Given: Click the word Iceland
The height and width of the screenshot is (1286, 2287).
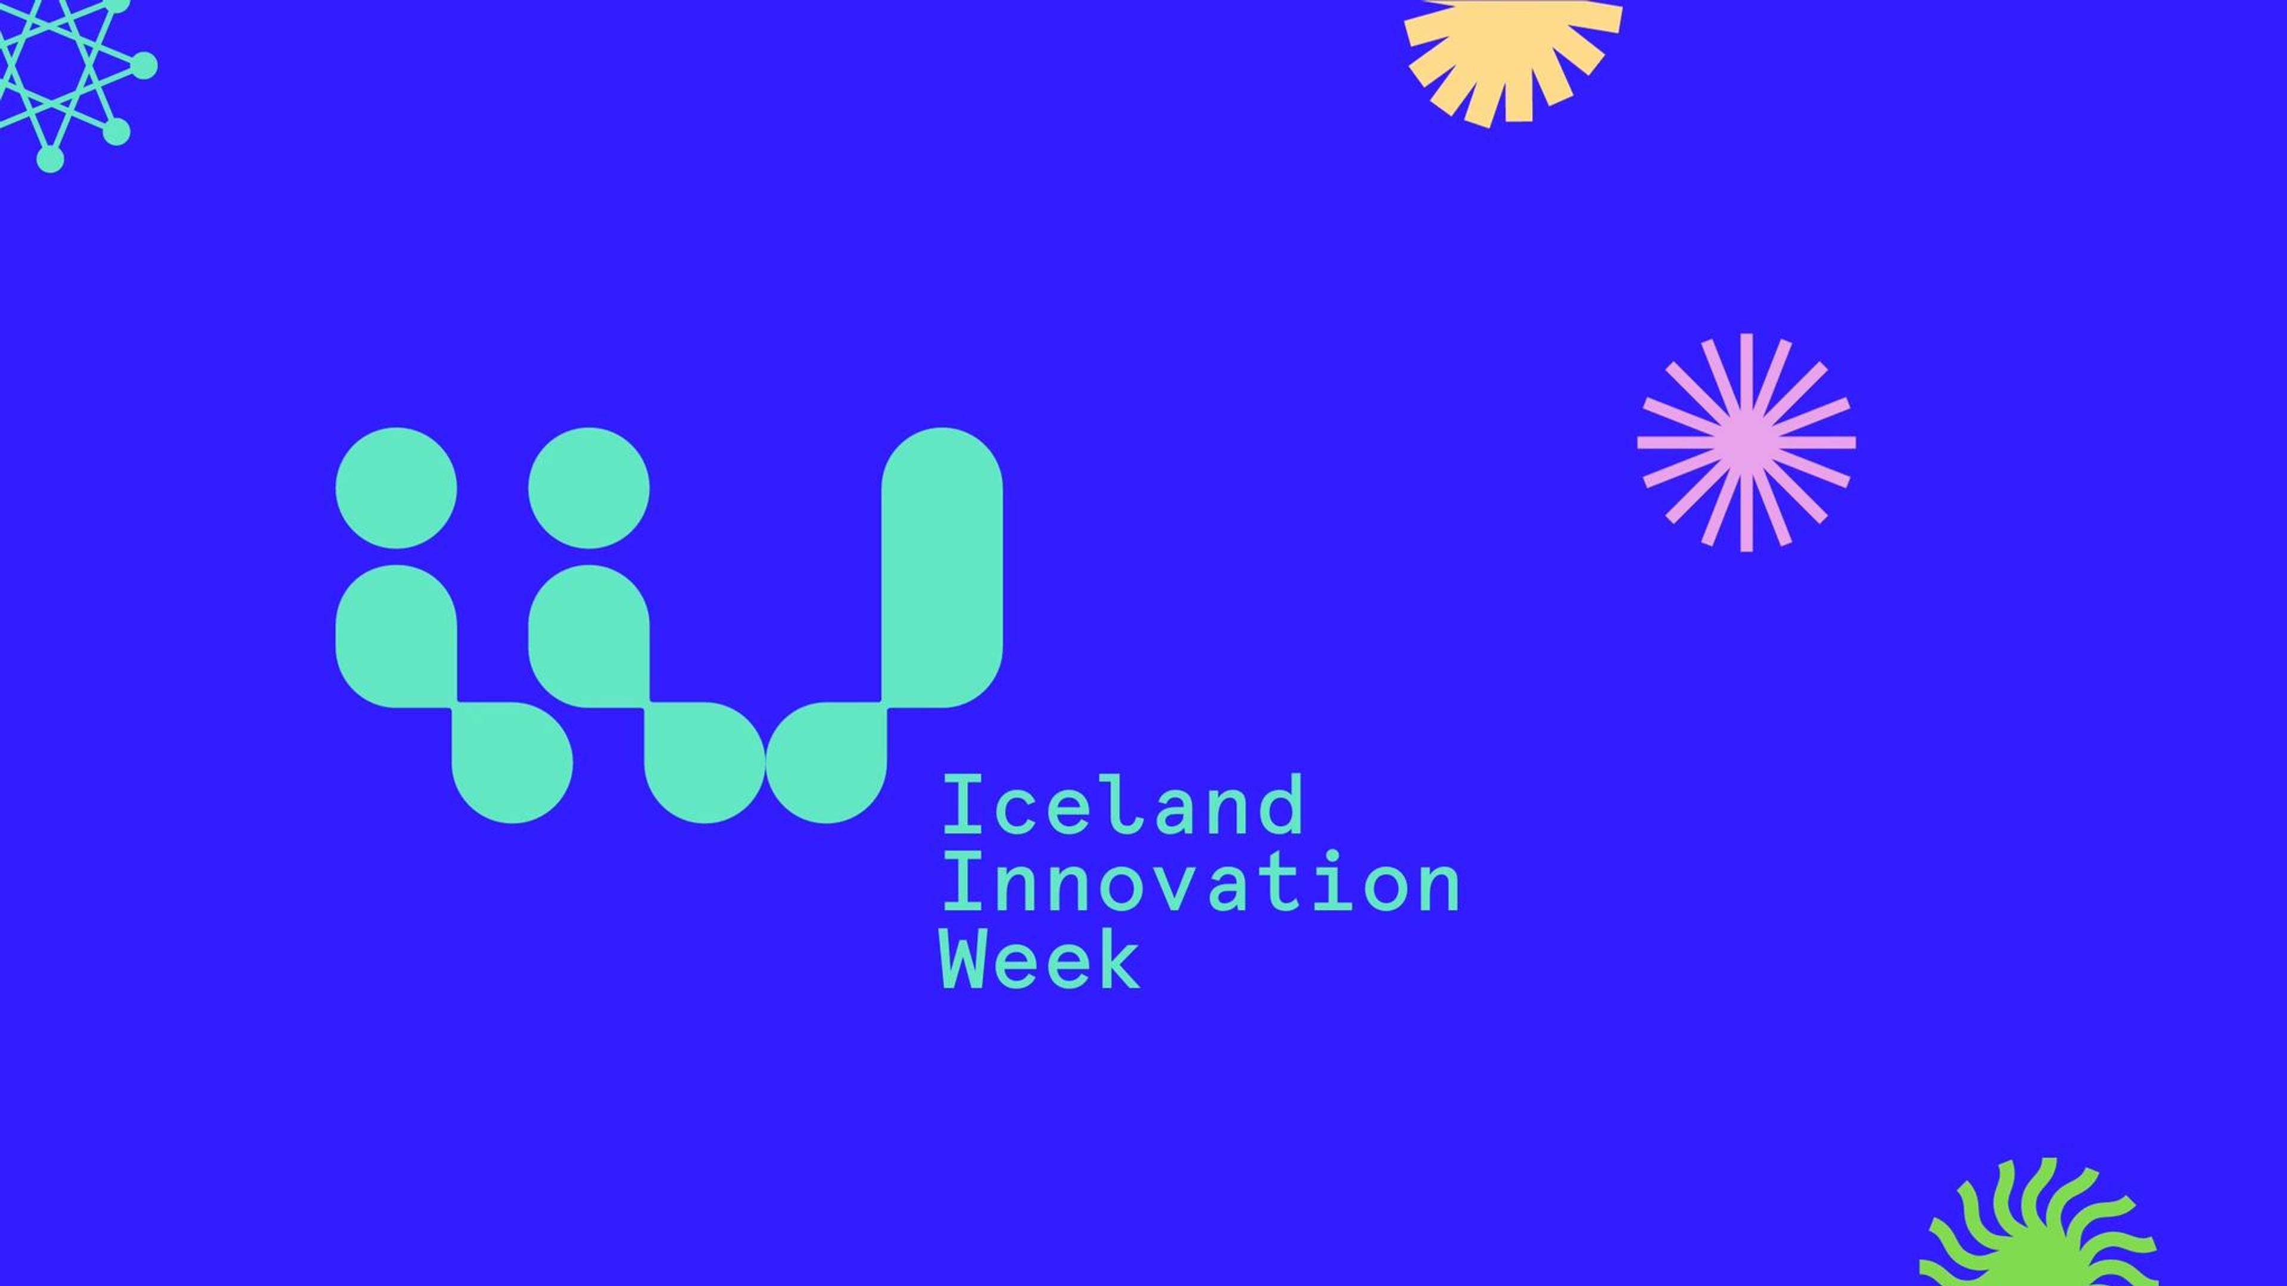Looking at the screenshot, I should click(1122, 805).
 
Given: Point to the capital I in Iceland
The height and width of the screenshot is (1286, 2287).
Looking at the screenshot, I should click(961, 805).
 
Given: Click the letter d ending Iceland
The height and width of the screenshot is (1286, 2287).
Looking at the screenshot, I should click(1280, 805).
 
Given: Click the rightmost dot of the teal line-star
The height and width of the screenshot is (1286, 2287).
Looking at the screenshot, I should click(144, 65).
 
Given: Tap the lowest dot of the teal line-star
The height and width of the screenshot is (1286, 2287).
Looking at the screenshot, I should click(51, 160).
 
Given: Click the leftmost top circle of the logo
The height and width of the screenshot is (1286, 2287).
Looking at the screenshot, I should click(396, 488).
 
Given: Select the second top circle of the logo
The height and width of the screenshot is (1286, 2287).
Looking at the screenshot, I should click(588, 488).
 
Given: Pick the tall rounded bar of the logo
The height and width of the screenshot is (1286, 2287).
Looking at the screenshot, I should click(942, 568).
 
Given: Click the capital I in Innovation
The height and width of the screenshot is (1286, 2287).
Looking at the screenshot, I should click(961, 882).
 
